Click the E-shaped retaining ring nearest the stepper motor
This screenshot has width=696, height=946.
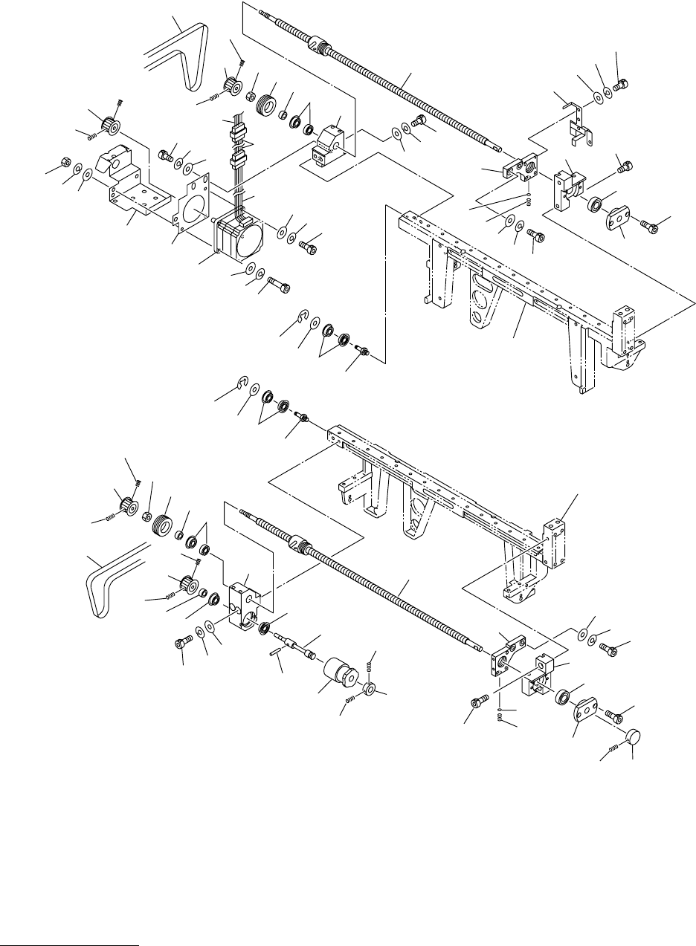coord(301,320)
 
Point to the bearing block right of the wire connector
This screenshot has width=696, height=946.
coord(327,145)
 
